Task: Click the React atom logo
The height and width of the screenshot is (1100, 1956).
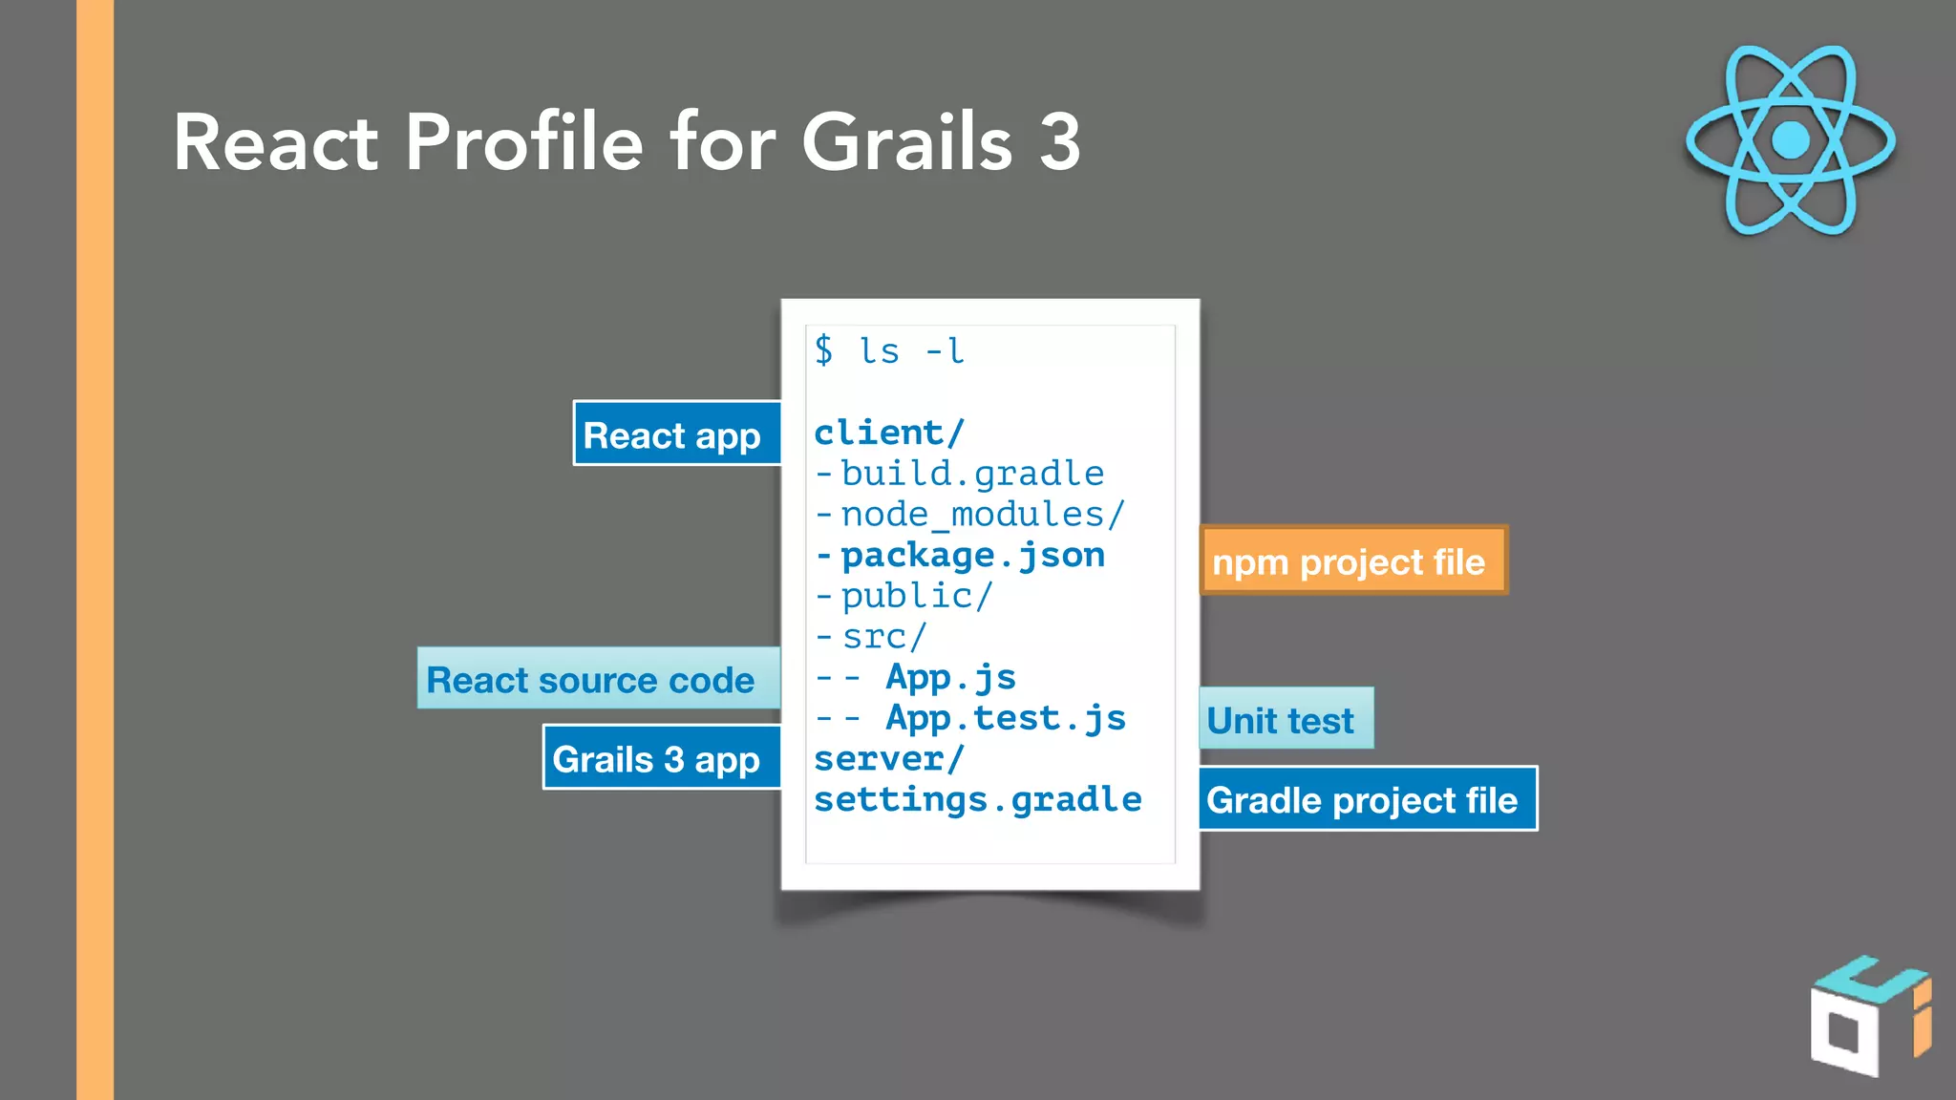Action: (1790, 140)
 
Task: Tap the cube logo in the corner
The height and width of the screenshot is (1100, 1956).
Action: (1868, 1016)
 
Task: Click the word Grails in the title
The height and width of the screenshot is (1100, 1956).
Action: (906, 142)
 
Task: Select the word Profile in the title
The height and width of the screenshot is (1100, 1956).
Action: (524, 142)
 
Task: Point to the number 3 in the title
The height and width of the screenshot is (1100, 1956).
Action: (1059, 142)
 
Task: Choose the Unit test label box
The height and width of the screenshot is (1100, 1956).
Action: (1285, 719)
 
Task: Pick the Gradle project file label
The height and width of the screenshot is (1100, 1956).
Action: (1367, 799)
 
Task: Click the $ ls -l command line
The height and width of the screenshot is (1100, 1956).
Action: (889, 350)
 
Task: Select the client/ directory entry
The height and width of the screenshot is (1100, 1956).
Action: (889, 433)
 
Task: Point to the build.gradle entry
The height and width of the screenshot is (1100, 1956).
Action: (970, 474)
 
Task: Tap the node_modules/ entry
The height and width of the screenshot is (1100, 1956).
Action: (982, 515)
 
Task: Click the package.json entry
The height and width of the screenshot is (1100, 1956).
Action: (970, 555)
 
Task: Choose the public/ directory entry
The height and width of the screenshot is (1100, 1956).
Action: (916, 596)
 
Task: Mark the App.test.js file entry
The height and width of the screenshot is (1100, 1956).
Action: (1005, 718)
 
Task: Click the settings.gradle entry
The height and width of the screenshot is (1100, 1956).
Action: (977, 799)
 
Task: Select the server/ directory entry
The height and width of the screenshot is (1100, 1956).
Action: (889, 759)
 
